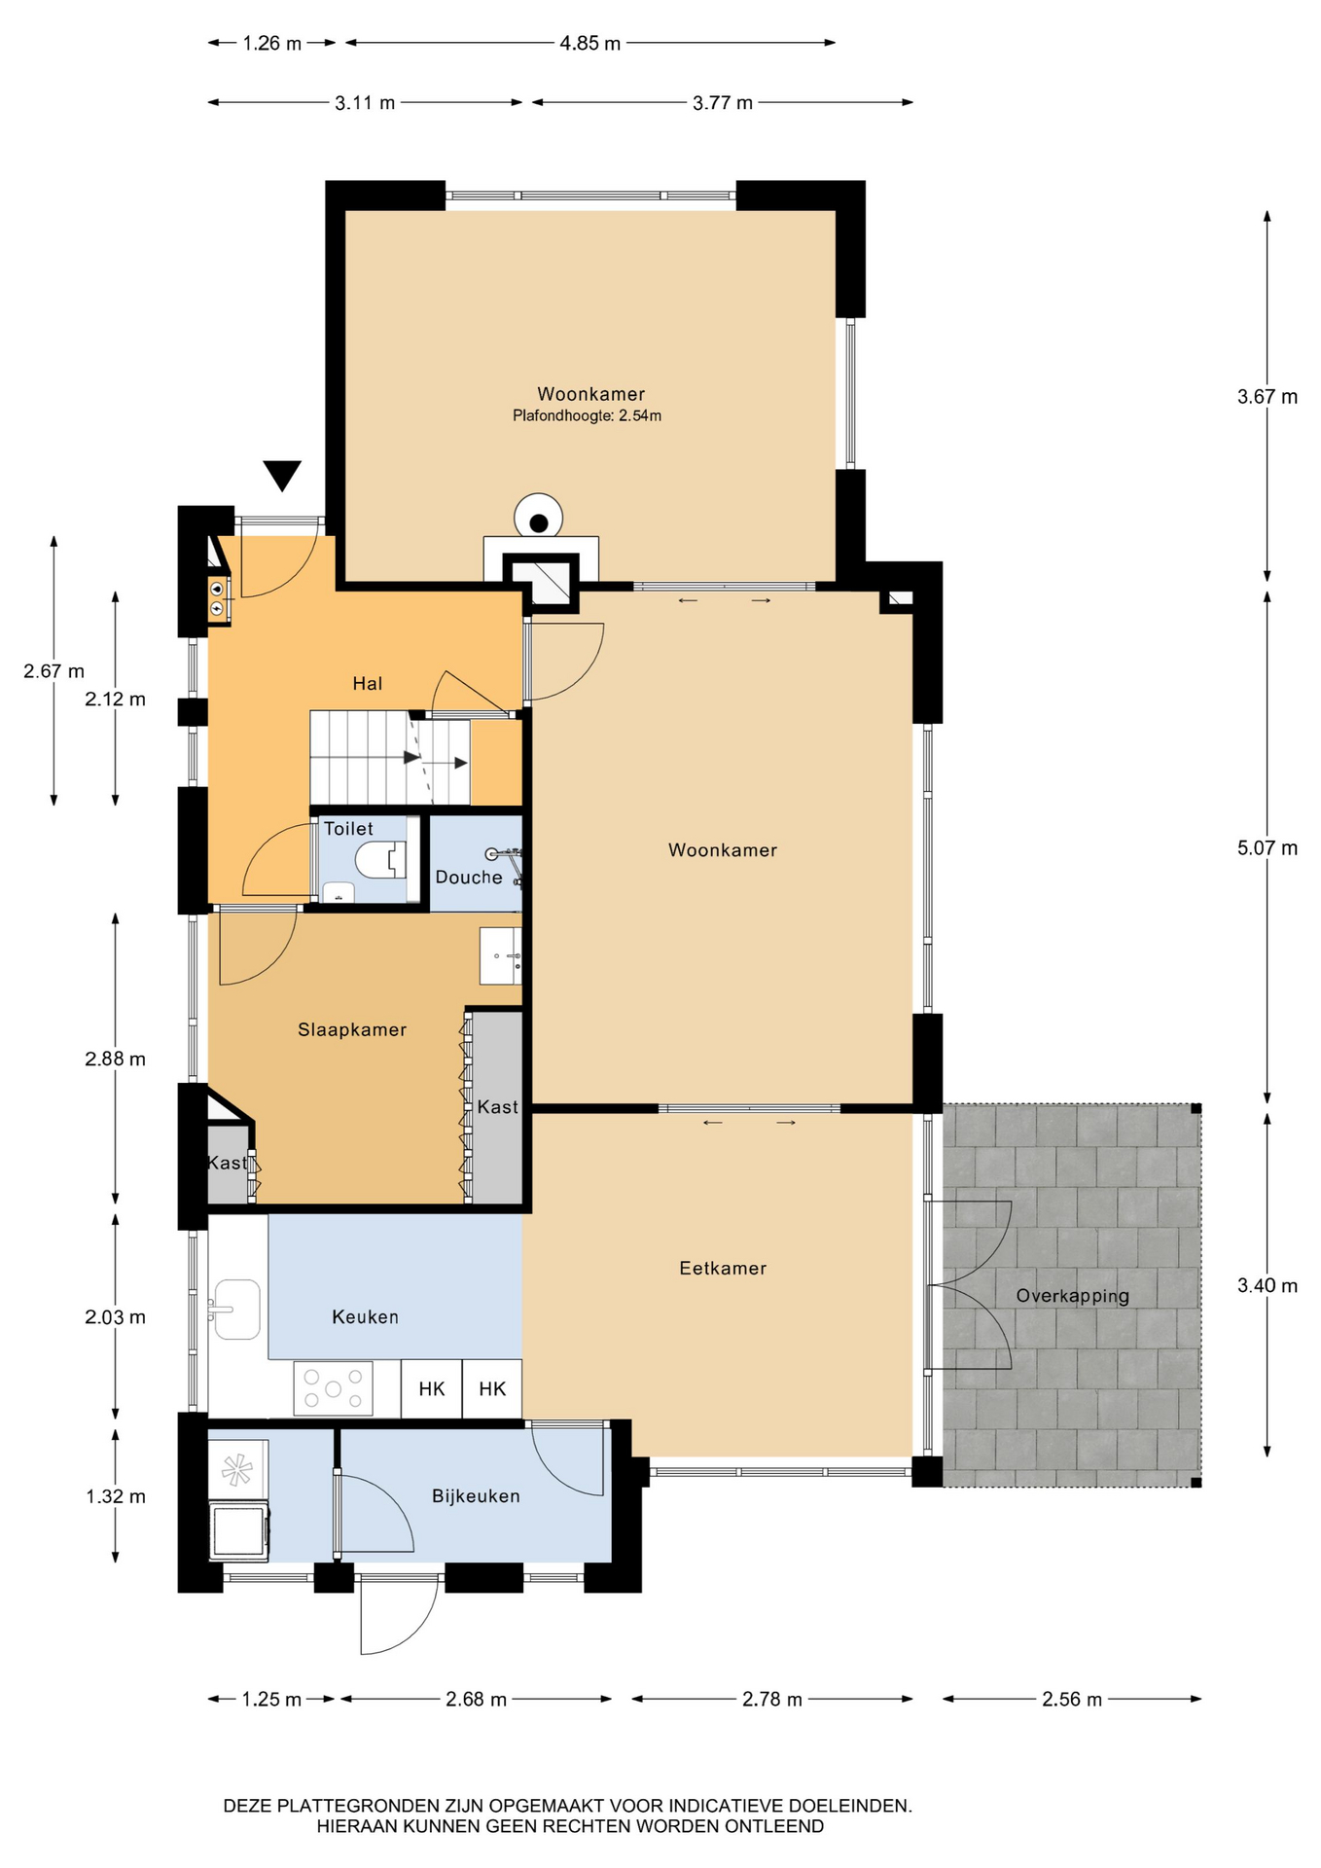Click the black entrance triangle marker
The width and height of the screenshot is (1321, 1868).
(283, 475)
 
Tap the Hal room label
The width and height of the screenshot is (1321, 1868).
(368, 684)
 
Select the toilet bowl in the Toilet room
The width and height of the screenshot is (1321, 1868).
(380, 860)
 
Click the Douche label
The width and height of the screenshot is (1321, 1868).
(469, 878)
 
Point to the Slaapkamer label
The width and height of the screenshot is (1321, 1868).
(352, 1029)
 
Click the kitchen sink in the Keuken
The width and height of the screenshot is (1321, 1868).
(235, 1310)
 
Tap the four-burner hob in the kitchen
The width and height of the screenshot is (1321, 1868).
(334, 1388)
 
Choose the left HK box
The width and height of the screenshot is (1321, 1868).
(432, 1388)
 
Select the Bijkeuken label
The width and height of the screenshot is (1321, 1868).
(476, 1496)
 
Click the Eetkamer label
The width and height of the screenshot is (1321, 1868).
(723, 1268)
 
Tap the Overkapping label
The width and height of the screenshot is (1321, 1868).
(1073, 1296)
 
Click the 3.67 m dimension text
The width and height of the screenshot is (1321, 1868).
(1267, 396)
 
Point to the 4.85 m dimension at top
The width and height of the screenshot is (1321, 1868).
(590, 43)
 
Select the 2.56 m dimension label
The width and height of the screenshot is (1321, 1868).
(1072, 1699)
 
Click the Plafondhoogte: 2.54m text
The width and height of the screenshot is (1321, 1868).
(588, 415)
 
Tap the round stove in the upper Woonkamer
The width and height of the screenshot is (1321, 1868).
(538, 517)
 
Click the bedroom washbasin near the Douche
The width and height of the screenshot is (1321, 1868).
(501, 955)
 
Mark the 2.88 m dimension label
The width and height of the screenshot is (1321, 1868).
(115, 1059)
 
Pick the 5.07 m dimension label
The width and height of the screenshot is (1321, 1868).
(1267, 847)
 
